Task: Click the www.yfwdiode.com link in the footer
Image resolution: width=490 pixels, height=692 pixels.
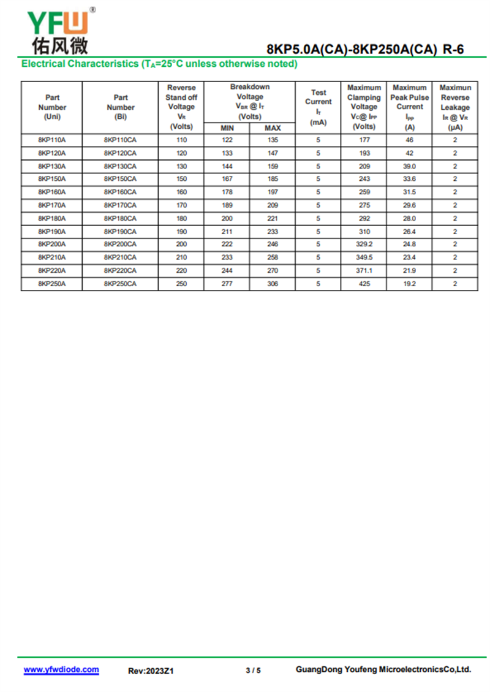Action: [61, 670]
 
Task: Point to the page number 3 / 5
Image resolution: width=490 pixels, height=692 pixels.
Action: [253, 671]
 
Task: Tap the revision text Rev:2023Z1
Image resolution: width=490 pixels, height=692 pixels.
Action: [151, 671]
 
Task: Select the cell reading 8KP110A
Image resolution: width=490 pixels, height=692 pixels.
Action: [52, 140]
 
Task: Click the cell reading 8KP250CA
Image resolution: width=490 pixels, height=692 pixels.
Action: [120, 284]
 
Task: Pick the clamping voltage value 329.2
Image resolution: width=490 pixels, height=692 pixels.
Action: [364, 245]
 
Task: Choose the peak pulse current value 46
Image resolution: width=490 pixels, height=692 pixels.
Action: [409, 140]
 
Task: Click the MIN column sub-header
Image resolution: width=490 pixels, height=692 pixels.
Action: [227, 128]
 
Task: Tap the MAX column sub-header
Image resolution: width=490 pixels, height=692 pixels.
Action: [273, 128]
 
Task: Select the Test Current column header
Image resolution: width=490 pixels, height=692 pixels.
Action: [318, 107]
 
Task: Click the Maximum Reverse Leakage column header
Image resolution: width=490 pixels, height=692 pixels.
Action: [455, 107]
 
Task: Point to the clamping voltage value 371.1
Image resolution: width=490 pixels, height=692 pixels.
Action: [364, 270]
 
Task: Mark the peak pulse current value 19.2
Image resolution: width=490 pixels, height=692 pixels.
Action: [409, 284]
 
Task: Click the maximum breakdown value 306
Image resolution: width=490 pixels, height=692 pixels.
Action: [273, 284]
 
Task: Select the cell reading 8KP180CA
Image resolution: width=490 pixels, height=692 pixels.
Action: [120, 219]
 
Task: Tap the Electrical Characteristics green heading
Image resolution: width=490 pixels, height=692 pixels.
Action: [159, 64]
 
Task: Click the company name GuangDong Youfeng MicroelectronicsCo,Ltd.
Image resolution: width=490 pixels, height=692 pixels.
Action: [383, 669]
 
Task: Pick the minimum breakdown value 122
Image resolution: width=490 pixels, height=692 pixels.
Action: [227, 140]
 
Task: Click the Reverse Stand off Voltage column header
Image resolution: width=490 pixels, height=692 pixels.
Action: [181, 107]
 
